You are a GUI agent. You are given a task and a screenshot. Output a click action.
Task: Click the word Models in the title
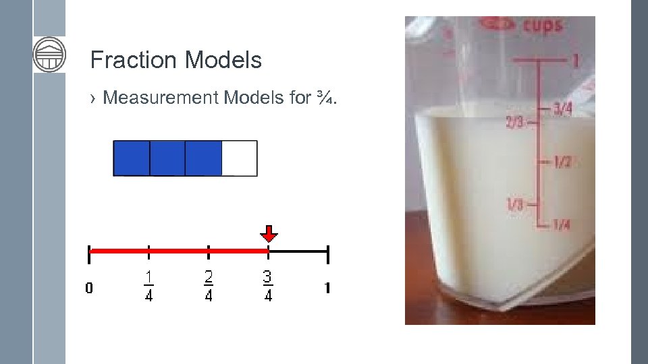(x=222, y=61)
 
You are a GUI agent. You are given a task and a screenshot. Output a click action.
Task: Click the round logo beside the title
(x=49, y=54)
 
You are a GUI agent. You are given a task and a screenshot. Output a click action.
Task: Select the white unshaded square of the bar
(x=239, y=158)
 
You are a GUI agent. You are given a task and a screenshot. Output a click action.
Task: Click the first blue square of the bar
(x=132, y=158)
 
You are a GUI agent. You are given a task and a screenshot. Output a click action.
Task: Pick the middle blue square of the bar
(x=167, y=158)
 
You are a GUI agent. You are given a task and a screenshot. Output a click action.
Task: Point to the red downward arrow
(x=269, y=234)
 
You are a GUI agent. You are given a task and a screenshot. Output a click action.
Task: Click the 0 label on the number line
(x=89, y=289)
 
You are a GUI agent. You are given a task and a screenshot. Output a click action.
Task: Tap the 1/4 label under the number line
(x=148, y=286)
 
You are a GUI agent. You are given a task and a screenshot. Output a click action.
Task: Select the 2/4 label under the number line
(x=208, y=286)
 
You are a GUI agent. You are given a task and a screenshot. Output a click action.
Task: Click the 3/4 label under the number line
(x=268, y=286)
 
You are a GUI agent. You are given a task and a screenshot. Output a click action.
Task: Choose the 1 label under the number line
(x=327, y=289)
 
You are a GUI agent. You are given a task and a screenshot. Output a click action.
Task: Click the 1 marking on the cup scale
(x=575, y=61)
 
